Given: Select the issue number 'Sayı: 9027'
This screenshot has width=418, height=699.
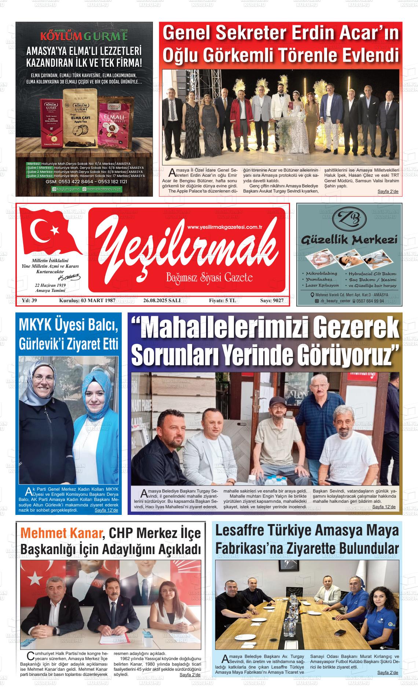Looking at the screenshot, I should coord(272,301).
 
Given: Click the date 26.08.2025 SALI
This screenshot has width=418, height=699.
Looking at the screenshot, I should coord(162,301).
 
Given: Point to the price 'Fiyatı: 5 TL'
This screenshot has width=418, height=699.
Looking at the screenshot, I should coord(222,301).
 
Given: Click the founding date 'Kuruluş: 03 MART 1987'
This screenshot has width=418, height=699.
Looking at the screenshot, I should coord(87,301).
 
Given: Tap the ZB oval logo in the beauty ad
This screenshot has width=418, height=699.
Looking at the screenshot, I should coord(349,220).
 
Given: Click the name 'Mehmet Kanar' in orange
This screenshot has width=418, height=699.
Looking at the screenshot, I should coord(61,533).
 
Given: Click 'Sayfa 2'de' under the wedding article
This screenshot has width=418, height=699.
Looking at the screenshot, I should coord(388,192).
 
